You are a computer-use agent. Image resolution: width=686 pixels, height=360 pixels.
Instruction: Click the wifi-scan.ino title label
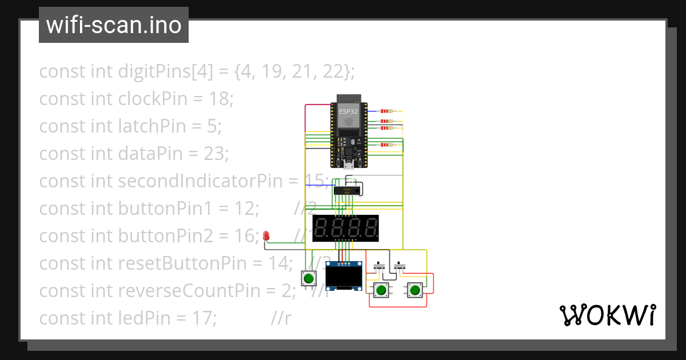(x=113, y=25)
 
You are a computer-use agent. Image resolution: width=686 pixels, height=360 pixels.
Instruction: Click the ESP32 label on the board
(x=348, y=111)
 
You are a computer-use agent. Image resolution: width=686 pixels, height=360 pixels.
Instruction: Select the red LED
(x=266, y=235)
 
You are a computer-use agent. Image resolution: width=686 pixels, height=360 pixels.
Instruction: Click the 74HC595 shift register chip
(x=346, y=190)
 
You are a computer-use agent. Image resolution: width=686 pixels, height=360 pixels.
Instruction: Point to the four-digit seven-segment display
(x=345, y=227)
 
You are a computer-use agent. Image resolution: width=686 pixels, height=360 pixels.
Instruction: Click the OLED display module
(x=344, y=277)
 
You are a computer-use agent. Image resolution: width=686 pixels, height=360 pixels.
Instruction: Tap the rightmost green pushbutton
(x=414, y=290)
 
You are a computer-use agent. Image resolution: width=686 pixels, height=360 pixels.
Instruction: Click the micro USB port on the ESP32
(x=348, y=166)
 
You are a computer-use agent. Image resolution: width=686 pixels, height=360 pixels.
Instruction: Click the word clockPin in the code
(x=153, y=99)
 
